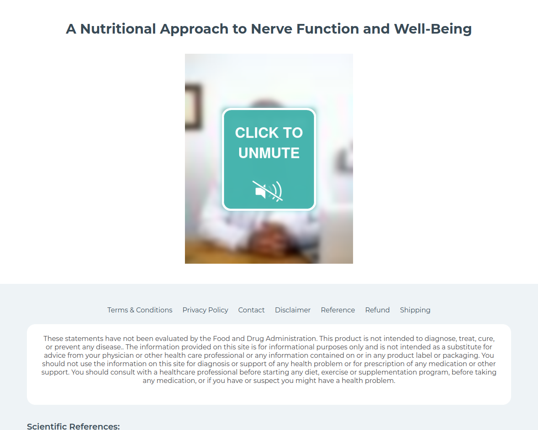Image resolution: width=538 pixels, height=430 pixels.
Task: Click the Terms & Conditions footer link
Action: pos(140,310)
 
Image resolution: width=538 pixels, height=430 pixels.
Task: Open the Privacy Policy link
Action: pos(205,310)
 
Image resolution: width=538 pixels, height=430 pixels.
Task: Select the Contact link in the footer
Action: pos(251,310)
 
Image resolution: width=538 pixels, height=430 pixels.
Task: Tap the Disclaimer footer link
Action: pos(293,310)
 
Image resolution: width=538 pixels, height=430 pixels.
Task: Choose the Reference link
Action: pos(338,310)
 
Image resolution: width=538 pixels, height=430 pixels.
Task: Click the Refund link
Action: pos(377,310)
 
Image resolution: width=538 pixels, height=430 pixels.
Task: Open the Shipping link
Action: pos(415,310)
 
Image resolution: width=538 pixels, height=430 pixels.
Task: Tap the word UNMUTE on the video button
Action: pos(269,153)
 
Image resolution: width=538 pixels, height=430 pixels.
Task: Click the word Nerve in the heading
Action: pos(272,29)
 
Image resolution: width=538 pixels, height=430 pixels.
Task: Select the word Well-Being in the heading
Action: pos(433,29)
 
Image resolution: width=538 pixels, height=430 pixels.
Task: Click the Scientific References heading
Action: pos(73,426)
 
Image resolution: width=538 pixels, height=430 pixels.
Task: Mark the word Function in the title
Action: pos(327,29)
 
